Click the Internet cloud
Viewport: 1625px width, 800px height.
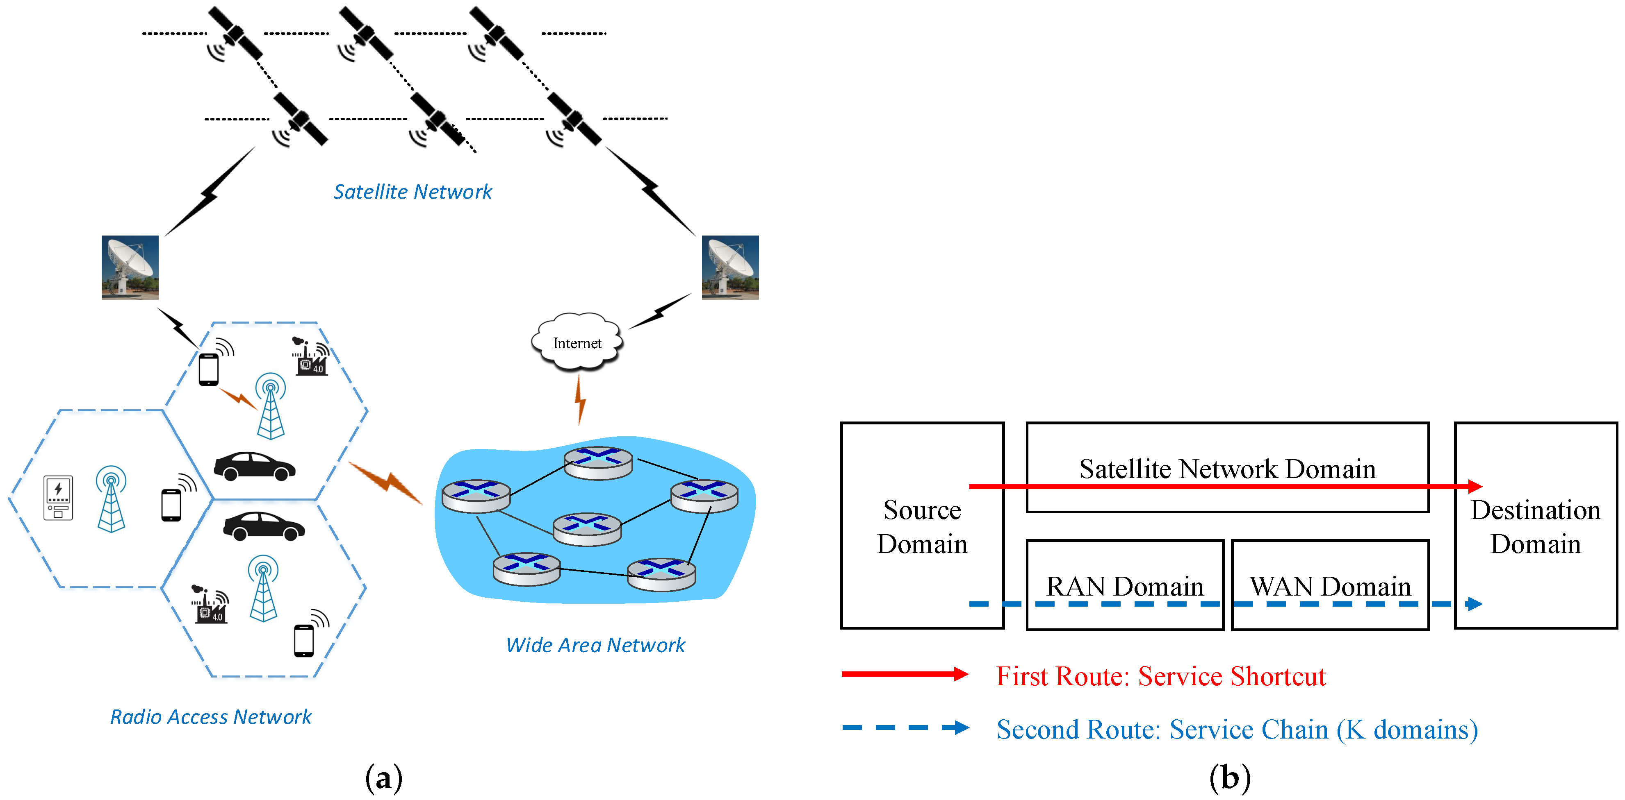(x=577, y=342)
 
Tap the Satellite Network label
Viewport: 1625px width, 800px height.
(x=413, y=192)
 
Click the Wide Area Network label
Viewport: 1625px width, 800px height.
(x=595, y=645)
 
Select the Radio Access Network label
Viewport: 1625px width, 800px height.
(x=211, y=717)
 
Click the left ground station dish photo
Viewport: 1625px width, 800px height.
(x=130, y=267)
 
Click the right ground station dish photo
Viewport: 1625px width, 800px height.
(x=730, y=267)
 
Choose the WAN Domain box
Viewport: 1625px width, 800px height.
(x=1330, y=585)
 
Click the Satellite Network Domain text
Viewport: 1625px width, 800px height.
(x=1227, y=468)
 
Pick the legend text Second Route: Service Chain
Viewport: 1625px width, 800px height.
(x=1236, y=730)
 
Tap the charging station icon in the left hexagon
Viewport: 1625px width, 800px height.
(x=58, y=497)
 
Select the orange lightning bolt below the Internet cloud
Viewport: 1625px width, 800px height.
(x=580, y=400)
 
